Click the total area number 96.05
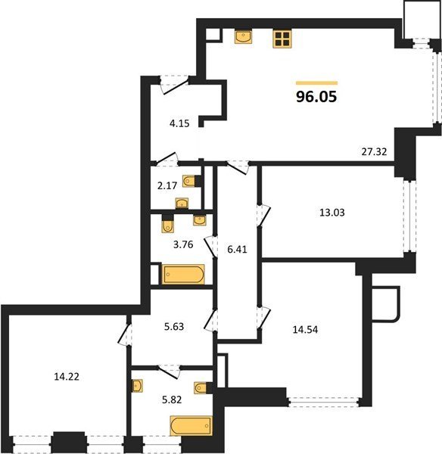[x=316, y=96]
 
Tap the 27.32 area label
[x=374, y=152]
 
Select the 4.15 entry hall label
[x=179, y=123]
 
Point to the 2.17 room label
[x=167, y=185]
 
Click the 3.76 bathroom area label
[x=183, y=244]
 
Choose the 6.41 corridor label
[x=237, y=249]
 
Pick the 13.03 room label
[x=332, y=213]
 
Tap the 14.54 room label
[x=305, y=329]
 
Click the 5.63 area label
[x=174, y=327]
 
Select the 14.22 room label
[x=67, y=377]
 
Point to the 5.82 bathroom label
[x=172, y=400]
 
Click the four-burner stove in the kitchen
[x=282, y=39]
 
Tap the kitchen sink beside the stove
[x=243, y=37]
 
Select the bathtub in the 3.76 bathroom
[x=183, y=274]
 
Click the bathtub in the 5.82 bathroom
[x=191, y=425]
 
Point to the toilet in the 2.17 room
[x=189, y=182]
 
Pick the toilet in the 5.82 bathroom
[x=201, y=388]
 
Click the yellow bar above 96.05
[x=316, y=83]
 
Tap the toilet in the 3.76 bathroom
[x=168, y=225]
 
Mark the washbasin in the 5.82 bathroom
[x=137, y=386]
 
